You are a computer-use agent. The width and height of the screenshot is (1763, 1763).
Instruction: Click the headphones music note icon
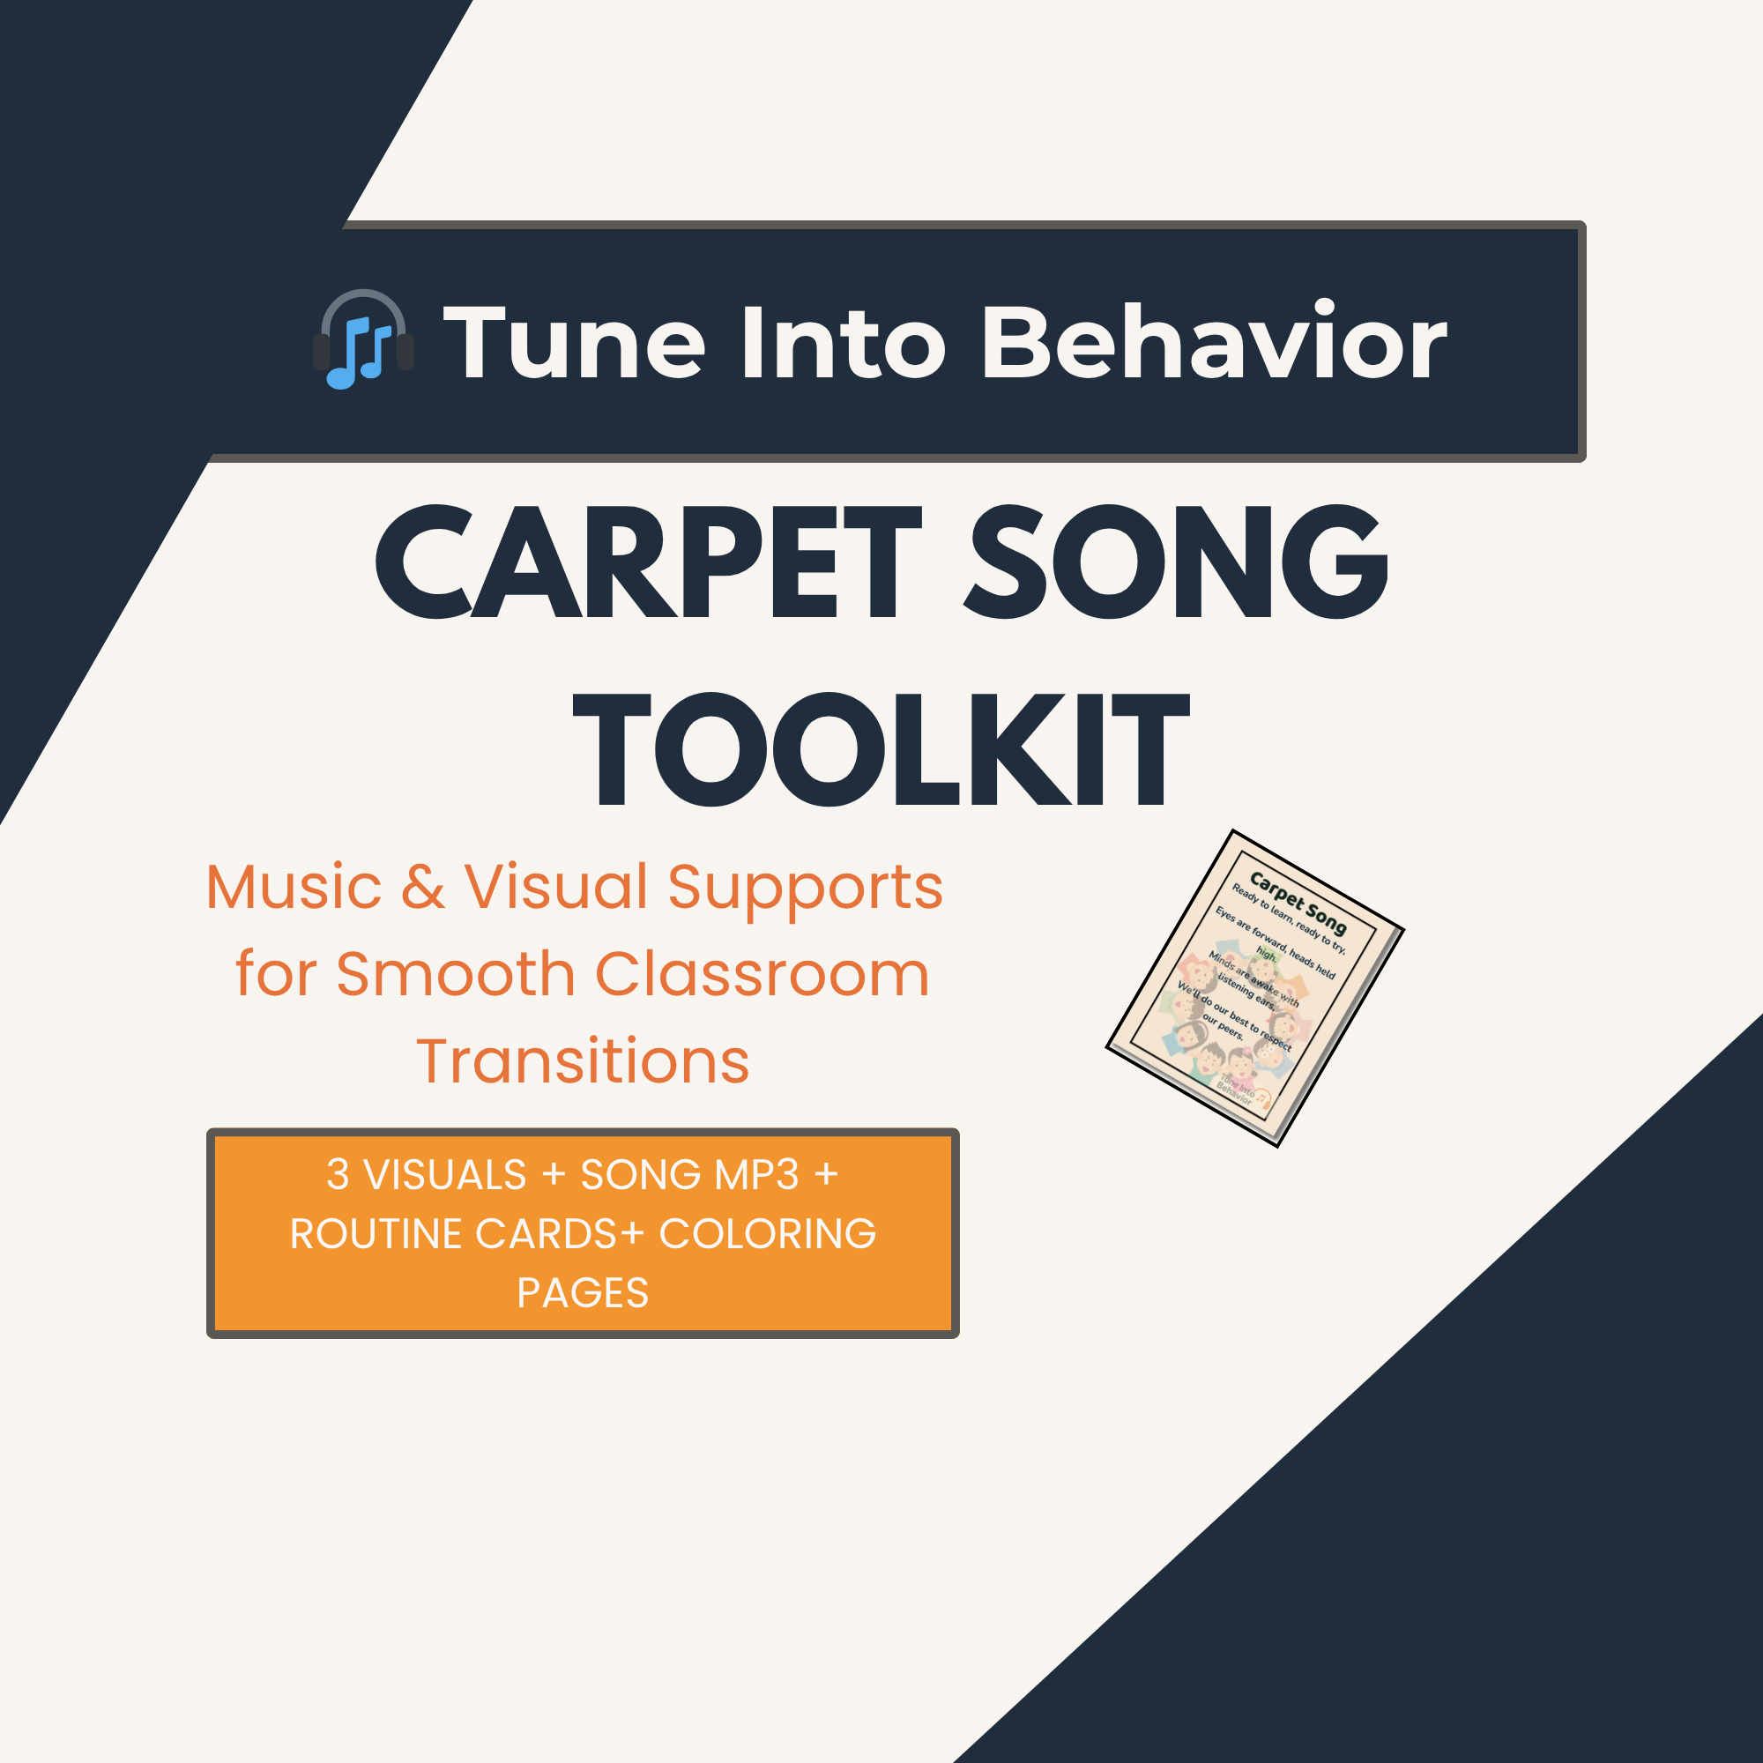pos(363,339)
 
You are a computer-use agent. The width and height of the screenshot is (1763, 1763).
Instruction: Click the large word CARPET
pos(648,562)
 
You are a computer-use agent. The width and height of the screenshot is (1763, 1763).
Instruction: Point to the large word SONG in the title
pos(1177,562)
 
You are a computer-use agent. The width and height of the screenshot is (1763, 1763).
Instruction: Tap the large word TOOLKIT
pos(881,750)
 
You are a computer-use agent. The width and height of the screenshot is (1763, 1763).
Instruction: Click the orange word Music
pos(294,887)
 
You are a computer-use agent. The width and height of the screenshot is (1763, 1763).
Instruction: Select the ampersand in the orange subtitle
pos(423,887)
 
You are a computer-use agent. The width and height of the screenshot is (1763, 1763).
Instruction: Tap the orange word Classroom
pos(762,974)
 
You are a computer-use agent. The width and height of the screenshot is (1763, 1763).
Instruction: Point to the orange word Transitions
pos(583,1061)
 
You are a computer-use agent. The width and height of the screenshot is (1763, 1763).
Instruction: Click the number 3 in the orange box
pos(338,1174)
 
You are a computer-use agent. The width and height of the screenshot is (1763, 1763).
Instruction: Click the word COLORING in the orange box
pos(768,1234)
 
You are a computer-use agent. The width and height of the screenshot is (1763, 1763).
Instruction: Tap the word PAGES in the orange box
pos(582,1293)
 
